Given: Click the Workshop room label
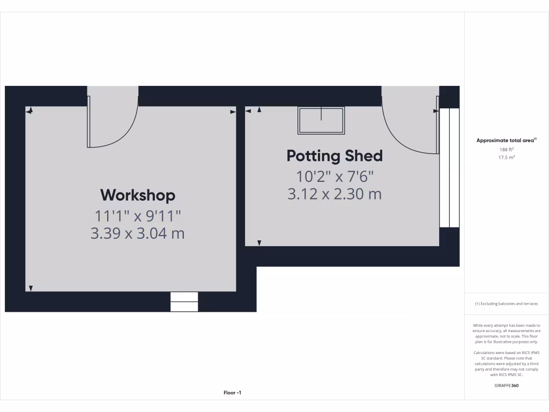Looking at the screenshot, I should point(138,195).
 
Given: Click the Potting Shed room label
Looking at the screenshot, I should point(335,156).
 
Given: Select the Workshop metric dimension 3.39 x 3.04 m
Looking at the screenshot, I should point(138,233).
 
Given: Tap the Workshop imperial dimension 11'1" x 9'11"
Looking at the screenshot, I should point(138,216).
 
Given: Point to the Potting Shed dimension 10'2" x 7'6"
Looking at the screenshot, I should point(335,176).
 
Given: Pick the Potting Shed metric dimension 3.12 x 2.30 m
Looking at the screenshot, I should point(335,194).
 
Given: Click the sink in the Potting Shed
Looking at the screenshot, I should point(321,120).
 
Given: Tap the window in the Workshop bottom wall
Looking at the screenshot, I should point(184,301).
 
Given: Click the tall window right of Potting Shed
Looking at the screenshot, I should point(449,167).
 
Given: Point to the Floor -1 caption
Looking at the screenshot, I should point(233,393).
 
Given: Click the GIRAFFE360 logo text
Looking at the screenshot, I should point(507,385).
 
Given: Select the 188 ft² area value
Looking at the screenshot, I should point(507,150).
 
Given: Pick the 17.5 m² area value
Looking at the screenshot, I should point(507,158).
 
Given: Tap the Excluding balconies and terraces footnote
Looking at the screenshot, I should point(507,304).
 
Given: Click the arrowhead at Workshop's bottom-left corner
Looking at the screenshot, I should point(31,288).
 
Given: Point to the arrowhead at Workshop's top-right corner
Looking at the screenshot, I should point(233,112).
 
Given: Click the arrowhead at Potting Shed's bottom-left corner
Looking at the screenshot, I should point(259,243).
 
